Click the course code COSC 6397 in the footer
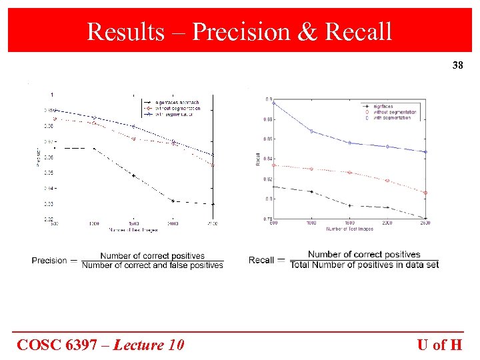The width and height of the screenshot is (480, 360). click(x=61, y=345)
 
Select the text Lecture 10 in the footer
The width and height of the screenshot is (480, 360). click(x=149, y=345)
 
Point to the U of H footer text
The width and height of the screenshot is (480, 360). click(x=439, y=345)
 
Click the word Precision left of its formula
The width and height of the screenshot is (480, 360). click(x=49, y=261)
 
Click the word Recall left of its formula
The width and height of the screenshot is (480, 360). click(x=261, y=260)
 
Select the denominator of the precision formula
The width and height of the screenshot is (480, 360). click(x=152, y=265)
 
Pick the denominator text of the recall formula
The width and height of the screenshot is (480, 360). click(x=364, y=265)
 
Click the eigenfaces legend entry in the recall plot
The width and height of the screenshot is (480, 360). click(x=383, y=107)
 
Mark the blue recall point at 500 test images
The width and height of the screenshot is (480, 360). click(x=274, y=103)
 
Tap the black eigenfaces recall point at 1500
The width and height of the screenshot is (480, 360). click(x=350, y=205)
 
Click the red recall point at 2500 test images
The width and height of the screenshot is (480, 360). click(x=426, y=193)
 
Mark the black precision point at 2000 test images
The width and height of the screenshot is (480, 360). click(x=173, y=201)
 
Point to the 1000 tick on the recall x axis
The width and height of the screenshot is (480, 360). click(x=311, y=223)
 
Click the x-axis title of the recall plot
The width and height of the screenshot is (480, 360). click(x=350, y=229)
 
